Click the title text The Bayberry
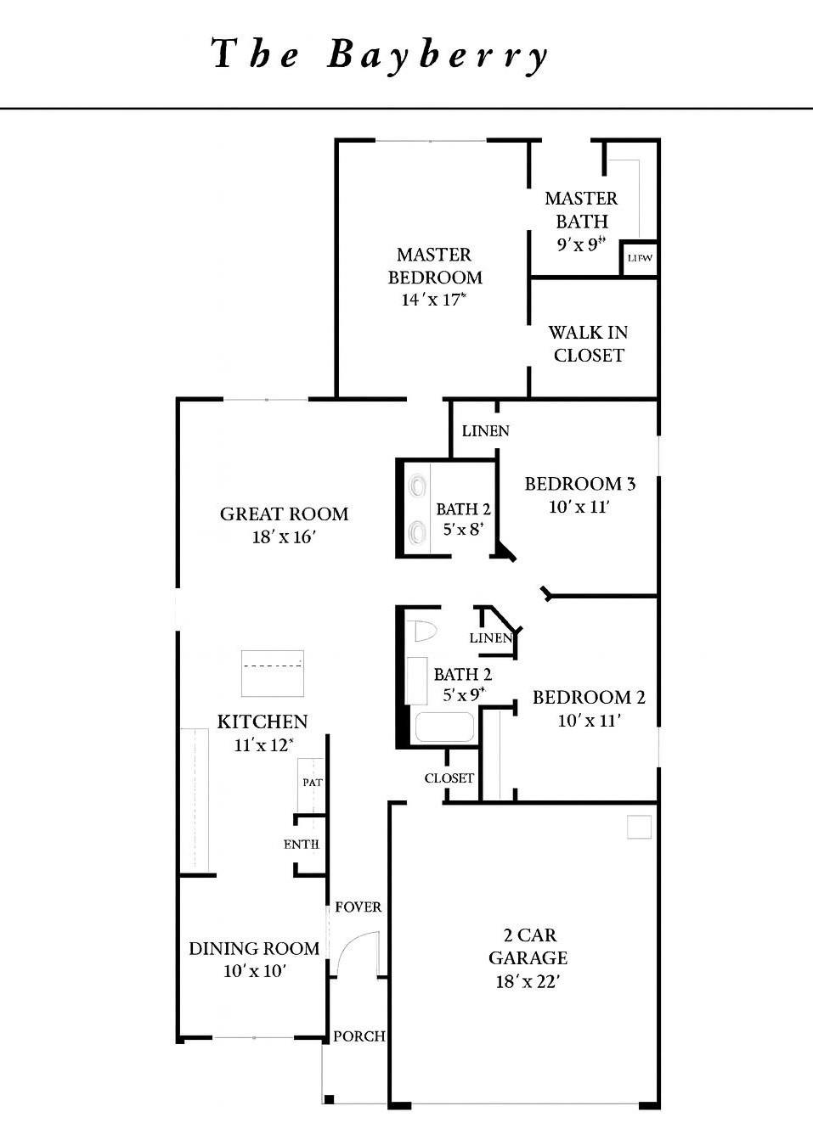click(380, 55)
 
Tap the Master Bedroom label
click(435, 266)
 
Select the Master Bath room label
click(581, 210)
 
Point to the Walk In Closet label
click(588, 344)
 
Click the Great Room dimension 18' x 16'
click(284, 537)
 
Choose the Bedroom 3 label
click(579, 484)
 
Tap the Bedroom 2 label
click(589, 698)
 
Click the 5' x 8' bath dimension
click(463, 529)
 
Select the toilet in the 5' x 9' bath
click(421, 631)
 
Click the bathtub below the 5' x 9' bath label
click(444, 727)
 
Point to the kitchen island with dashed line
click(273, 673)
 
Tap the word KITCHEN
click(263, 722)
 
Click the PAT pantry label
click(313, 782)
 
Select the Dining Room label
click(254, 948)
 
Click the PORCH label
click(359, 1036)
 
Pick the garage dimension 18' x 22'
click(528, 981)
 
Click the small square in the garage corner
click(639, 827)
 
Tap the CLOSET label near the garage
click(449, 778)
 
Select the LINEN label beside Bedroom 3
click(486, 431)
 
